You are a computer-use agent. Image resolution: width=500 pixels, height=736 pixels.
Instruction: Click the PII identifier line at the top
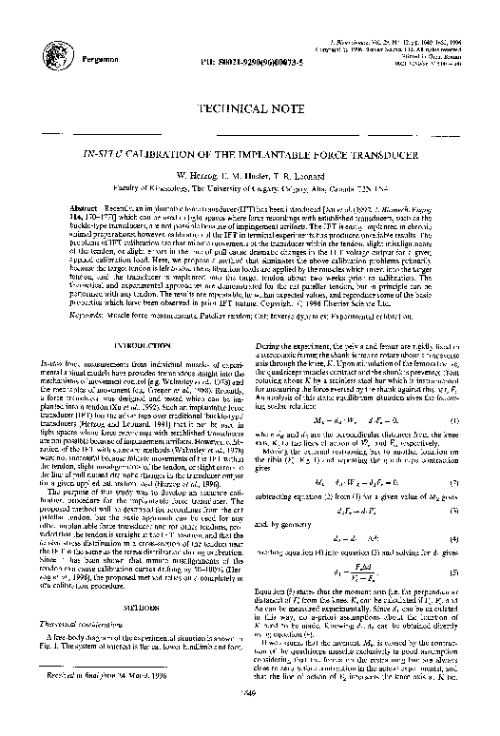[x=237, y=65]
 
